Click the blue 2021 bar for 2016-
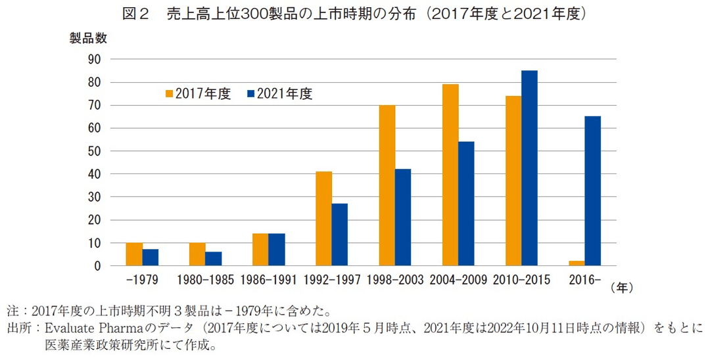[592, 191]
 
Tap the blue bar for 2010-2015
[529, 168]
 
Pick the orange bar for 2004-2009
[450, 175]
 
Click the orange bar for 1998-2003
[387, 185]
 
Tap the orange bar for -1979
[134, 254]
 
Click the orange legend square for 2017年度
[169, 94]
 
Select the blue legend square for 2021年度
[250, 94]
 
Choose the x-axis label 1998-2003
[395, 280]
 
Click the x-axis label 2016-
[584, 280]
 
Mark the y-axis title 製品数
[88, 38]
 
